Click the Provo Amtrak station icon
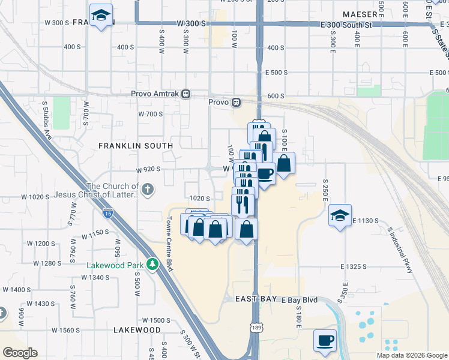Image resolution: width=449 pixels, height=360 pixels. (186, 94)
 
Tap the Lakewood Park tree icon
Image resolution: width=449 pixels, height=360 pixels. (153, 264)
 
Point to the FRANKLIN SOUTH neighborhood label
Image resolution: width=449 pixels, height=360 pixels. (136, 146)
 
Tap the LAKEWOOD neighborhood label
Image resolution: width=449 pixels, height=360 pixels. (137, 330)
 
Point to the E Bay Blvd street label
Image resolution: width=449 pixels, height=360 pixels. (299, 299)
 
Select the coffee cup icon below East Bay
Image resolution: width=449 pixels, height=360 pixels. (325, 340)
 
